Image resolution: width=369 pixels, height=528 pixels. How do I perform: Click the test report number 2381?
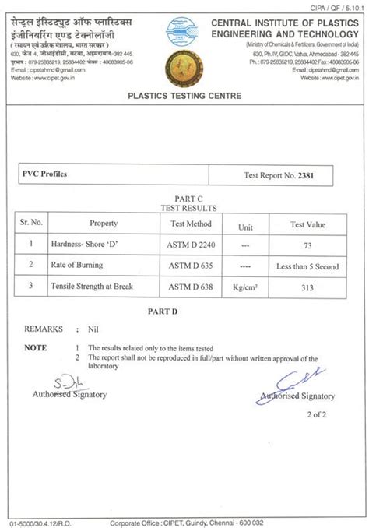coord(304,175)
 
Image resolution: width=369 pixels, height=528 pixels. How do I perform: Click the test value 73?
coord(307,245)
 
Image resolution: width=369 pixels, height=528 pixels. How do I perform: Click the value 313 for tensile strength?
coord(307,287)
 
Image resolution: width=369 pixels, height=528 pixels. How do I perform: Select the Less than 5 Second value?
coord(307,266)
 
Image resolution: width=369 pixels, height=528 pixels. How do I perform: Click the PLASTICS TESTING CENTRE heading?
coord(184,96)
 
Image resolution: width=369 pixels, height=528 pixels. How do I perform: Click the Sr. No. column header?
coord(31,223)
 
